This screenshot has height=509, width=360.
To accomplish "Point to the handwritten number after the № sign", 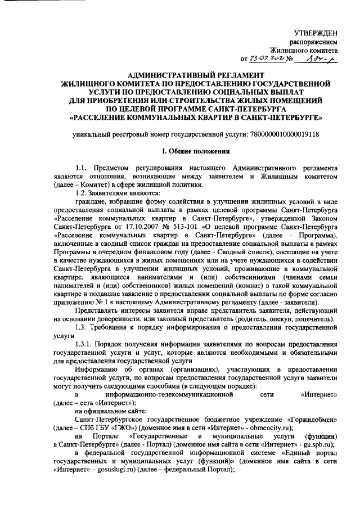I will click(x=319, y=57).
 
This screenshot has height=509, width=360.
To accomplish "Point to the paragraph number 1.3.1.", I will click(x=86, y=345).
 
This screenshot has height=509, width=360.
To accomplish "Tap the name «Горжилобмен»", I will click(x=312, y=420).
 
